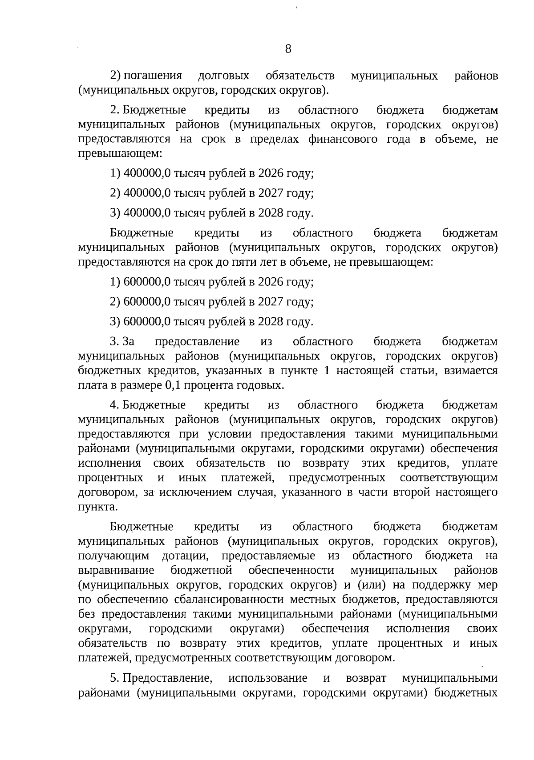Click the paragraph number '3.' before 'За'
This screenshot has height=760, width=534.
point(114,342)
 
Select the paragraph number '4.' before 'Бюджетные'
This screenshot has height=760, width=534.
point(114,405)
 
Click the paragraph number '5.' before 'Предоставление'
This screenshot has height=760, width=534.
point(114,678)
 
